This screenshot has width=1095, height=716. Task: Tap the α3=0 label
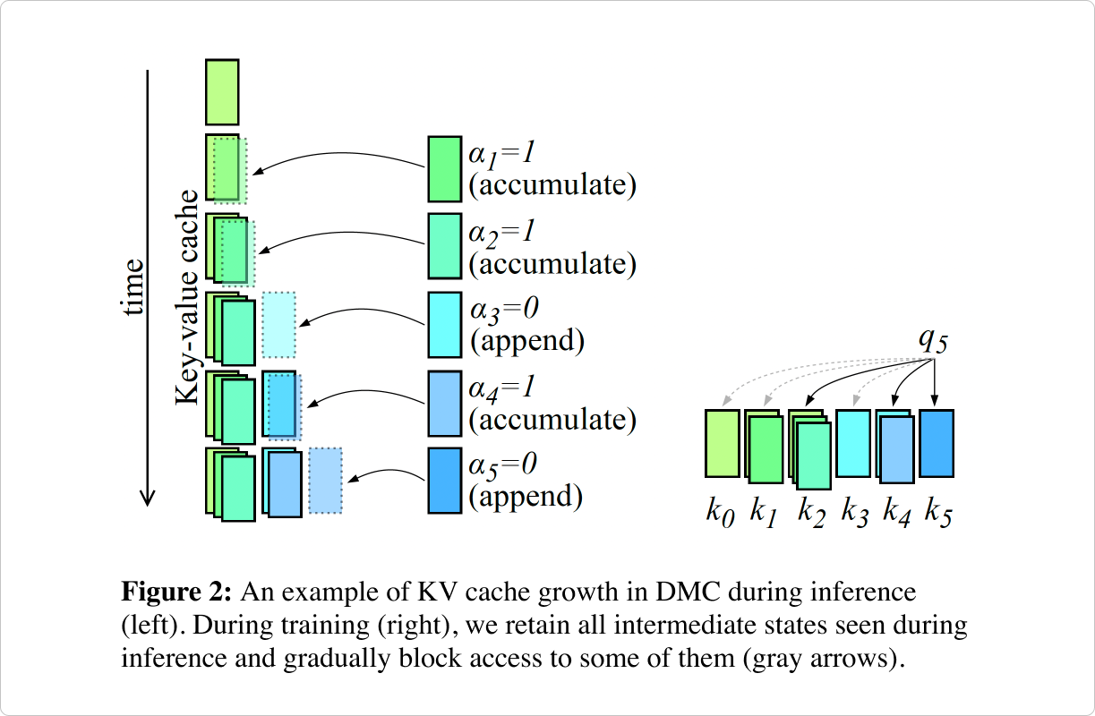[x=505, y=310]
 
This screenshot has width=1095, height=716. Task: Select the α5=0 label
[x=505, y=465]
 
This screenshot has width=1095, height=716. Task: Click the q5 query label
[x=933, y=342]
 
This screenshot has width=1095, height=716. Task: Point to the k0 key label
[x=721, y=513]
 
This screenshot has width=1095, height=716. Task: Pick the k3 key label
[x=854, y=513]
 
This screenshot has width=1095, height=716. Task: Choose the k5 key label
[x=937, y=513]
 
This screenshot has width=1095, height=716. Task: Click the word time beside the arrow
[x=133, y=286]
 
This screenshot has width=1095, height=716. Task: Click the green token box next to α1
[x=444, y=168]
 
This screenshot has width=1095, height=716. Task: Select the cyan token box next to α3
[x=444, y=325]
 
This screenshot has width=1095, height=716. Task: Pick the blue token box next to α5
[x=444, y=481]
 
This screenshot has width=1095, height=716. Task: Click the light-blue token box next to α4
[x=444, y=403]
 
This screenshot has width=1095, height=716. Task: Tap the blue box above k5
[x=937, y=443]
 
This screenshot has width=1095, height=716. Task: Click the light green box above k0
[x=722, y=443]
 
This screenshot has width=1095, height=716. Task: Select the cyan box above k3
[x=853, y=443]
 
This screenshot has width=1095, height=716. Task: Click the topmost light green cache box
[x=222, y=91]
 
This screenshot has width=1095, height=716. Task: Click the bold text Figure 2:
[x=177, y=592]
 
